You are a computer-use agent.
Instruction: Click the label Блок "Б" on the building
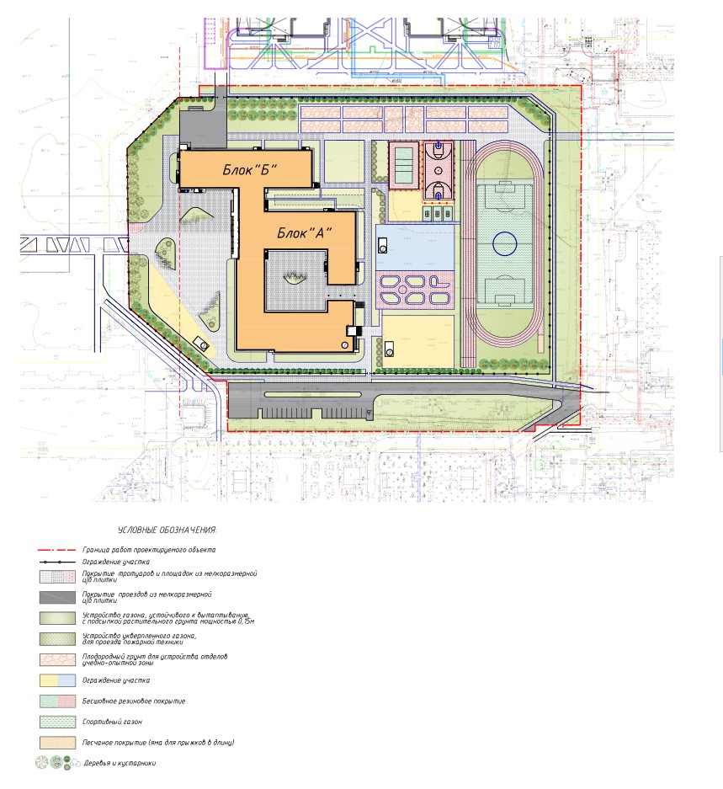point(249,169)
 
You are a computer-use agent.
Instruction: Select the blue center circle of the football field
point(504,243)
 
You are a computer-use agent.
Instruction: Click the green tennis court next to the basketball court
point(405,166)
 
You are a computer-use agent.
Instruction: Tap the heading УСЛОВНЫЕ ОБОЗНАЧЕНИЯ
point(167,530)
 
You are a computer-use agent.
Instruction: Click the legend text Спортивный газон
point(111,722)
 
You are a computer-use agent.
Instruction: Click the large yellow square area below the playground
point(417,341)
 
